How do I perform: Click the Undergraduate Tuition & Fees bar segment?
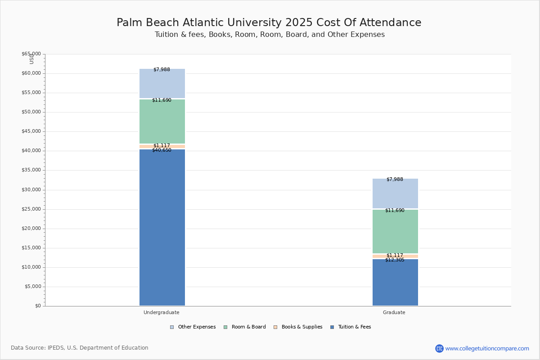coord(162,227)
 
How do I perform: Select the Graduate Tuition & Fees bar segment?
coord(396,282)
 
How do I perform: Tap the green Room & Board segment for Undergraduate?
coord(162,121)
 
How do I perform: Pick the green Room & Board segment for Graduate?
coord(396,231)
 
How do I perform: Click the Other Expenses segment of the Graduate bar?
coord(396,193)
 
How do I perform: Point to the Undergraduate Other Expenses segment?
coord(162,83)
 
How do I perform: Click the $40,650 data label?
coord(162,150)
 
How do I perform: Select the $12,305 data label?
coord(395,260)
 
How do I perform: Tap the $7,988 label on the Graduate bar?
coord(395,179)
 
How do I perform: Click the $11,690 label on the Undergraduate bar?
coord(162,100)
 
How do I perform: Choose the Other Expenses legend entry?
coord(193,327)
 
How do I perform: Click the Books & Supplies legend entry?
coord(298,327)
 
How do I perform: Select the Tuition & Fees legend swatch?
coord(332,327)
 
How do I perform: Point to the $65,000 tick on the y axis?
coord(31,54)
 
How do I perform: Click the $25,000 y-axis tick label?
coord(31,209)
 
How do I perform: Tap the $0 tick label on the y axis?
coord(38,306)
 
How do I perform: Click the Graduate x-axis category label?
coord(394,312)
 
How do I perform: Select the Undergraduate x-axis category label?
coord(162,312)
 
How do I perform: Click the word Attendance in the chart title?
coord(391,22)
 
